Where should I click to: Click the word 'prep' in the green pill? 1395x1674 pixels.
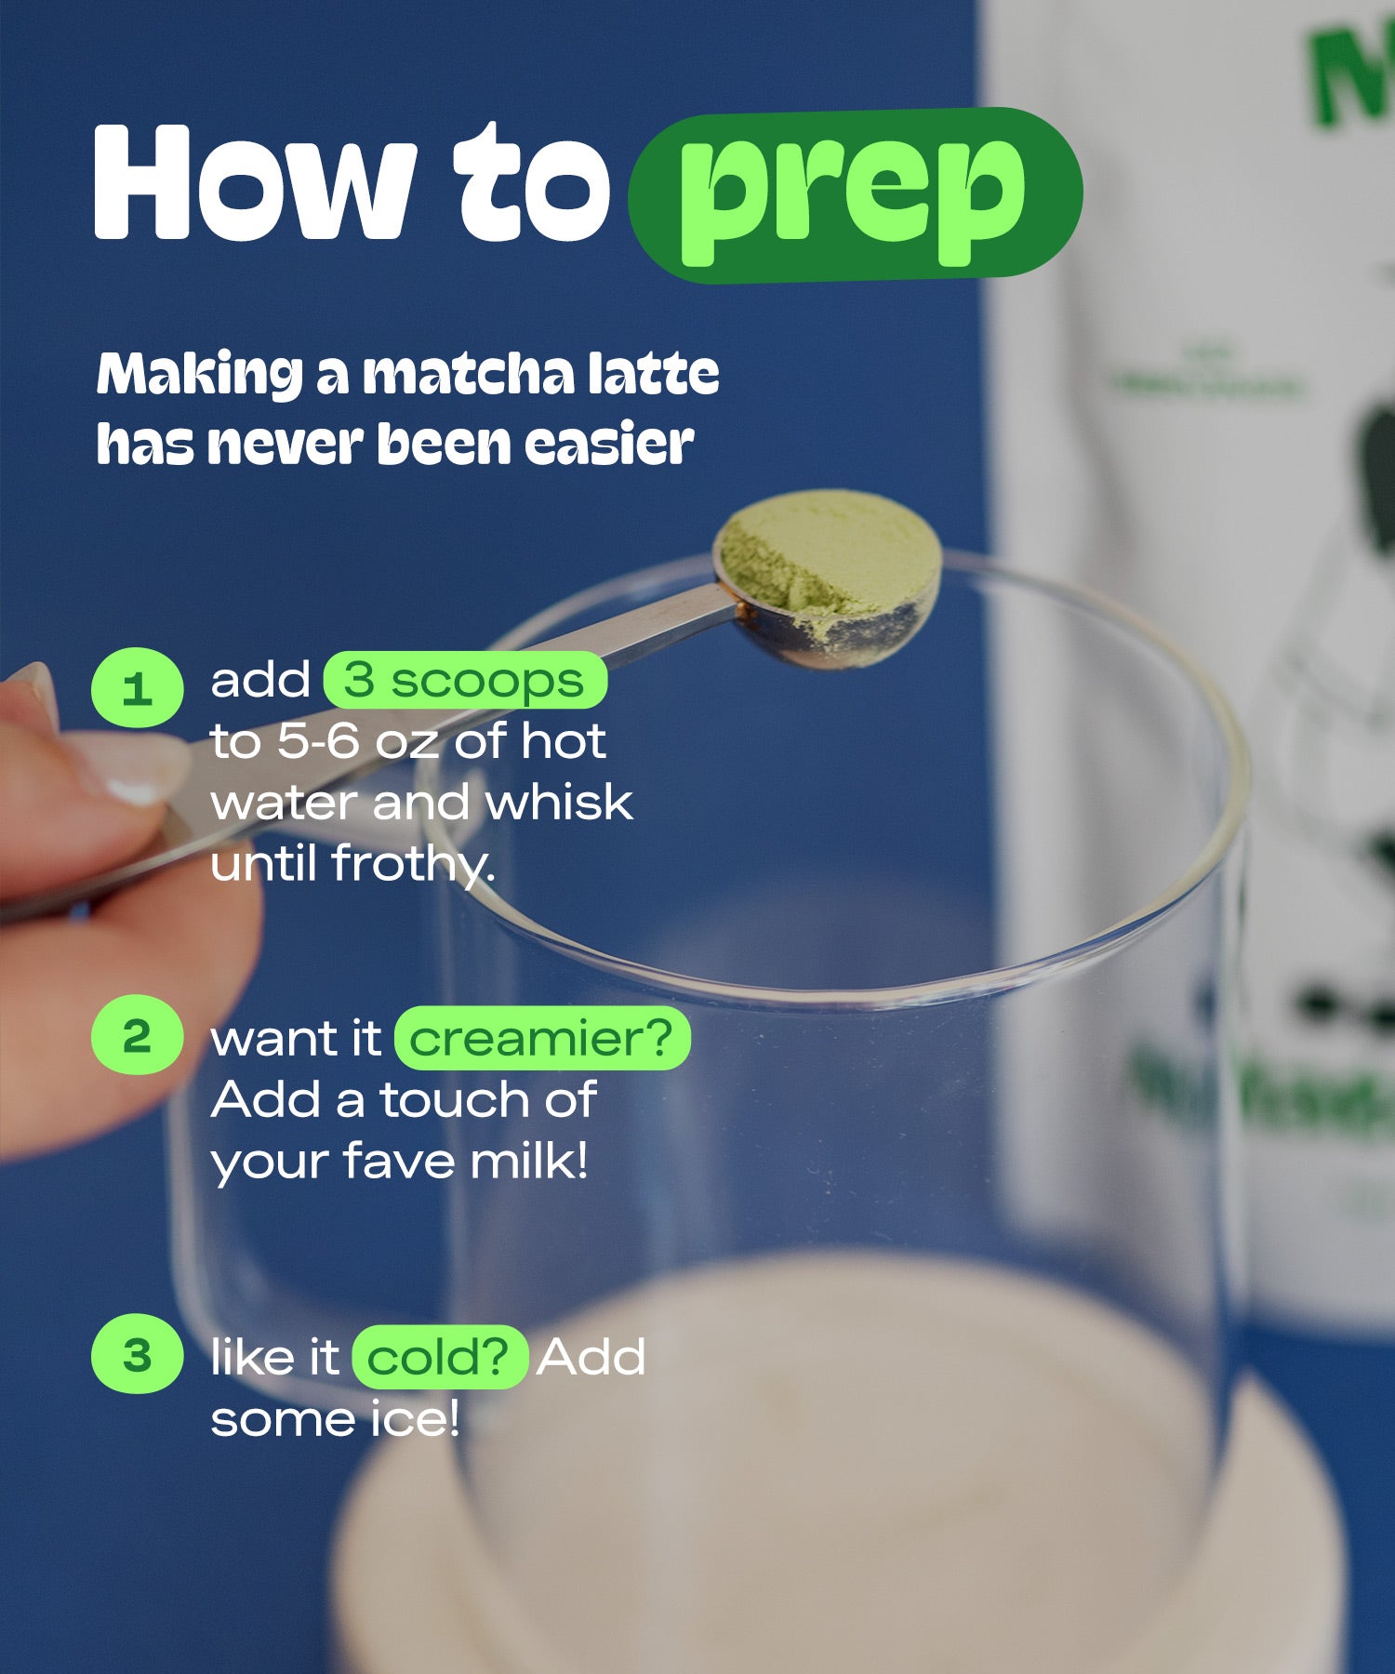coord(853,195)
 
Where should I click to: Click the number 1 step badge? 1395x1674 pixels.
coord(138,688)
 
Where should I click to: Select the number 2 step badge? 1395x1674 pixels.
coord(137,1035)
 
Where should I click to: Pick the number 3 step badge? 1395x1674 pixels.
coord(137,1354)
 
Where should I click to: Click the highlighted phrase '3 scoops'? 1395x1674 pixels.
coord(464,681)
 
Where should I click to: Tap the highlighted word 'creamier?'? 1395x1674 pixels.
coord(541,1038)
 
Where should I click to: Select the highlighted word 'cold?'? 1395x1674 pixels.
coord(439,1358)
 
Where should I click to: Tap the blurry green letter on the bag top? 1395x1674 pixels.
coord(1348,74)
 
